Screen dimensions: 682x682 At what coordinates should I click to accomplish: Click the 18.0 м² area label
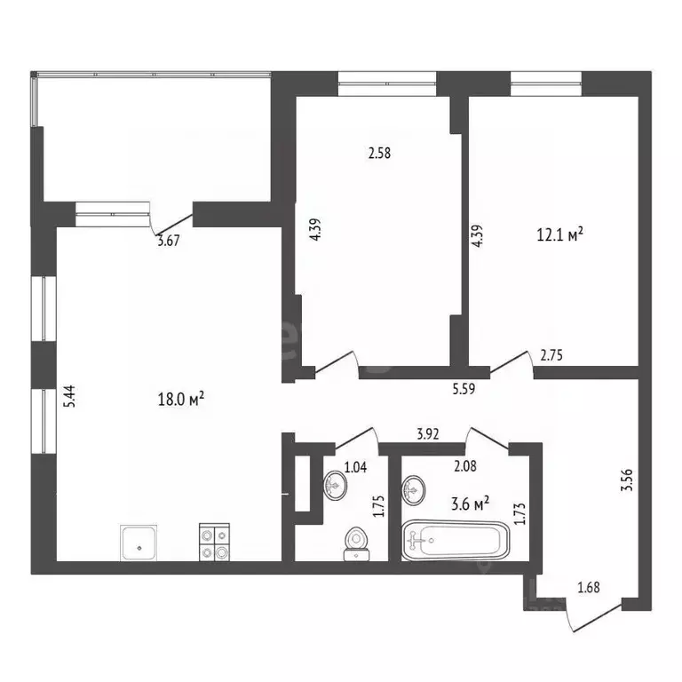pyautogui.click(x=179, y=400)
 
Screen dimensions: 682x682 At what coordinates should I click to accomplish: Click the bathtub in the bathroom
pyautogui.click(x=456, y=541)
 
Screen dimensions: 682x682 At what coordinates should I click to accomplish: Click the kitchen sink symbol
pyautogui.click(x=139, y=542)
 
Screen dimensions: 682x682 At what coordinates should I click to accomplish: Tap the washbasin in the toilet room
pyautogui.click(x=336, y=485)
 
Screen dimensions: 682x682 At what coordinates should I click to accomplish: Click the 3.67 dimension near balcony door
pyautogui.click(x=168, y=239)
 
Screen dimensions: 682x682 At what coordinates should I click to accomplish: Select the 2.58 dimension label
pyautogui.click(x=379, y=153)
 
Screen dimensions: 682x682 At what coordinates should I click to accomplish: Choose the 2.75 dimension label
pyautogui.click(x=551, y=355)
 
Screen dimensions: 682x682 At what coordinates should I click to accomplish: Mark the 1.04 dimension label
pyautogui.click(x=354, y=466)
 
